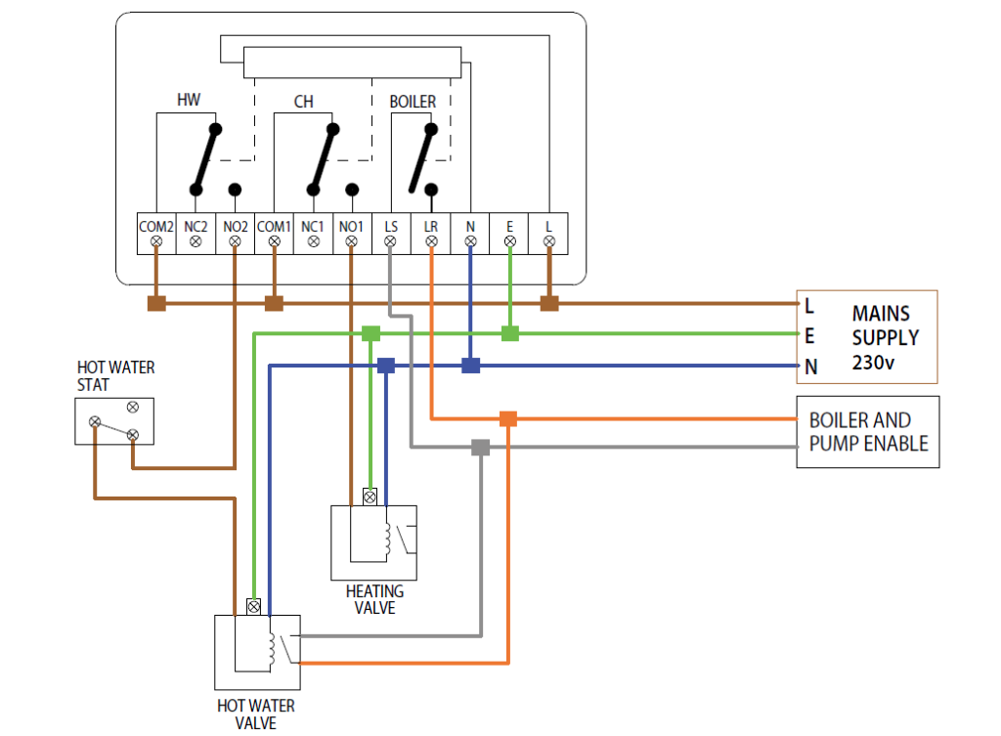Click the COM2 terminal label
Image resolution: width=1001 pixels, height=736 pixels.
tap(155, 227)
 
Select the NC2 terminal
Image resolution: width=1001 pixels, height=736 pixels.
tap(196, 234)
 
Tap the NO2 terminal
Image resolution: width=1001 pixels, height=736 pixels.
tap(235, 234)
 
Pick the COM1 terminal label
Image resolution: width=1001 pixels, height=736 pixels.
tap(274, 227)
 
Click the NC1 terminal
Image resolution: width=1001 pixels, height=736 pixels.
tap(313, 234)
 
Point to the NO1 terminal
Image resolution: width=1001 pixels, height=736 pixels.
tap(352, 234)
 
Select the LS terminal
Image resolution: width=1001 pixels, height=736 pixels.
tap(391, 234)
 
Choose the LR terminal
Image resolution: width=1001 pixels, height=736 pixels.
tap(431, 234)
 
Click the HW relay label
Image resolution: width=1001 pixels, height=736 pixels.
tap(190, 100)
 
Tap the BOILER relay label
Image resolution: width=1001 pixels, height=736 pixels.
tap(413, 102)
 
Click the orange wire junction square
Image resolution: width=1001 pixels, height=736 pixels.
tap(507, 418)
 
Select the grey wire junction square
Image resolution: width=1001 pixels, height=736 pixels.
tap(480, 448)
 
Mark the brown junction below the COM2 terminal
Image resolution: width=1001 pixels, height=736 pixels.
tap(156, 303)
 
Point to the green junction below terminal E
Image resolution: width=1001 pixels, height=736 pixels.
tap(509, 334)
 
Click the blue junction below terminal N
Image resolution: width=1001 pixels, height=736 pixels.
tap(471, 366)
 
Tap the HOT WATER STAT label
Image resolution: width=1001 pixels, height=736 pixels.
tap(115, 376)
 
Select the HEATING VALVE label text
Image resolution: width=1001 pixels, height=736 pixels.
tap(374, 599)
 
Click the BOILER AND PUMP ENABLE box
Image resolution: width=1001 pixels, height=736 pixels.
tap(867, 432)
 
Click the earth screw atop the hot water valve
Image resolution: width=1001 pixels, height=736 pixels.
tap(254, 606)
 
